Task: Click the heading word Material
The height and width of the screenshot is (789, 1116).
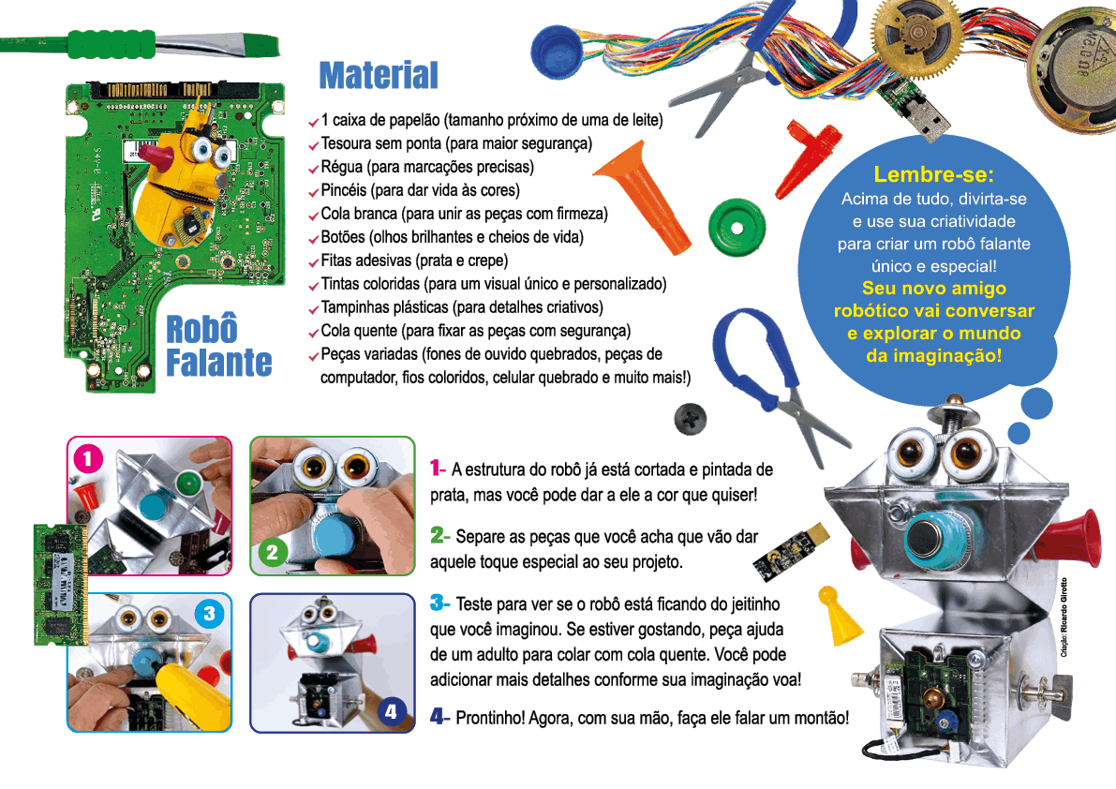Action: coord(379,75)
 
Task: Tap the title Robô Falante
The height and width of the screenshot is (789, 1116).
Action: coord(218,346)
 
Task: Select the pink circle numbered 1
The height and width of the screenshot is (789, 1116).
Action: coord(87,458)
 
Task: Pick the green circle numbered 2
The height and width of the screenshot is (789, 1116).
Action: coord(272,553)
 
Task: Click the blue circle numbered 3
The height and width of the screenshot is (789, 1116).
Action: coord(209,614)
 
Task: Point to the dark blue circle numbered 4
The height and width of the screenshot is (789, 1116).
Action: coord(392,711)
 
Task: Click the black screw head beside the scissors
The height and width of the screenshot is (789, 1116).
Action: coord(691,417)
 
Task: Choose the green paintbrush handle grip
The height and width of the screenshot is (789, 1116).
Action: coord(111,43)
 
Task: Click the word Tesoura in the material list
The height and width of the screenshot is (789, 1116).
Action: coord(347,143)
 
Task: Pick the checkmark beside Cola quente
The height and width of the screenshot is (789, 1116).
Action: coord(313,333)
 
